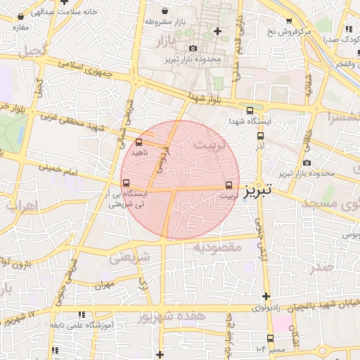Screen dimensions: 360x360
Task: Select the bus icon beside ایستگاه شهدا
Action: click(x=250, y=110)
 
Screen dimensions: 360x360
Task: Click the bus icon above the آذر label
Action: click(x=260, y=136)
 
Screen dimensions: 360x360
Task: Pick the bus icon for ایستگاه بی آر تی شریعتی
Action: click(x=126, y=184)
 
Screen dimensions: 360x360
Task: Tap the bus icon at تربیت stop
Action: click(x=229, y=185)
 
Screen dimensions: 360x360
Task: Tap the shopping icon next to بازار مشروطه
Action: click(x=165, y=11)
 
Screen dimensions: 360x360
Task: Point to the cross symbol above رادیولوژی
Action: click(x=266, y=296)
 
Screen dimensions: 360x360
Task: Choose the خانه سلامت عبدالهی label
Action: click(x=49, y=12)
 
